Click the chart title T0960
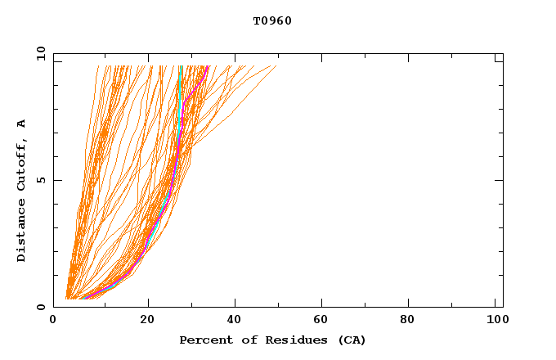[x=272, y=21]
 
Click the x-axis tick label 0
[x=53, y=320]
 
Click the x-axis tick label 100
[x=495, y=320]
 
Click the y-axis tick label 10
[x=39, y=54]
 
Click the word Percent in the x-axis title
[x=203, y=340]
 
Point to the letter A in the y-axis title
[x=22, y=124]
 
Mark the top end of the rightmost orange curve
[x=276, y=66]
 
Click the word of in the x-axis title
[x=242, y=340]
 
